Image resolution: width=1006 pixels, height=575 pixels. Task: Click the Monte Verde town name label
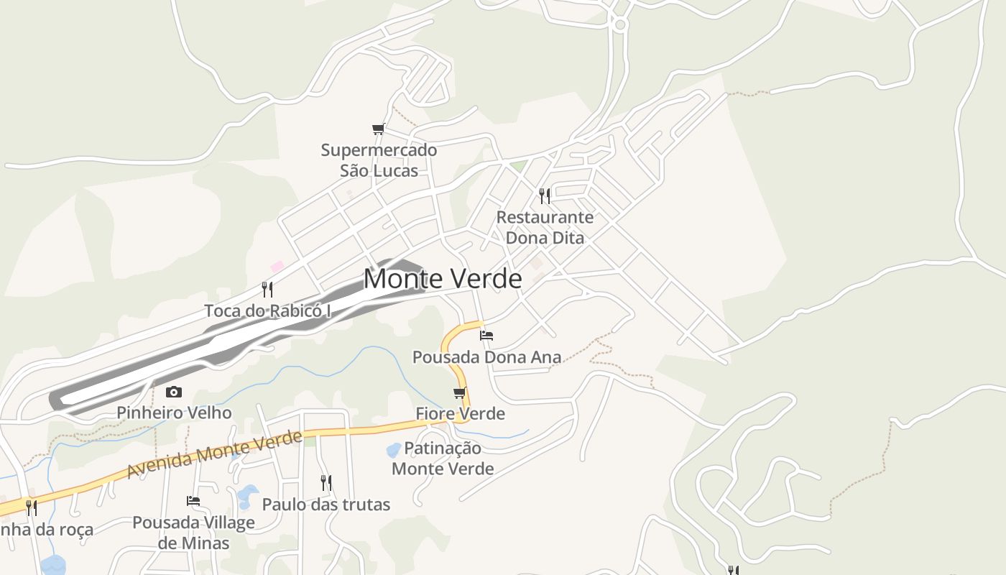tap(443, 279)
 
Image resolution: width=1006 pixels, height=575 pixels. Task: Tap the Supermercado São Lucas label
tap(379, 160)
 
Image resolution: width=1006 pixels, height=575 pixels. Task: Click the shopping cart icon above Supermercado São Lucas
tap(379, 129)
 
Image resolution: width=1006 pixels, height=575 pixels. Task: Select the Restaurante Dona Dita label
tap(545, 227)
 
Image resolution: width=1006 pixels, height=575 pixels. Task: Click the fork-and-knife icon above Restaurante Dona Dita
tap(545, 195)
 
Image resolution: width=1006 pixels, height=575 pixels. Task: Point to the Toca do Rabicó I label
tap(267, 311)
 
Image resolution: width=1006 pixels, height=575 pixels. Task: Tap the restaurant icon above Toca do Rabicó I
tap(267, 289)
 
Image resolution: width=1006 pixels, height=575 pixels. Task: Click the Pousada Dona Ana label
tap(486, 357)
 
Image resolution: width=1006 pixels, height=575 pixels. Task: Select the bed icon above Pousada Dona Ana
tap(486, 335)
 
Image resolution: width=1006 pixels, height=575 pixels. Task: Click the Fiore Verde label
tap(460, 414)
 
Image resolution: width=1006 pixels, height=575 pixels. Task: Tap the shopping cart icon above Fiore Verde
tap(460, 392)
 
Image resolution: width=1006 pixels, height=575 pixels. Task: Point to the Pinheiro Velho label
tap(174, 413)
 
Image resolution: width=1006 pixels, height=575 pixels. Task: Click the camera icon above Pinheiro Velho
tap(174, 392)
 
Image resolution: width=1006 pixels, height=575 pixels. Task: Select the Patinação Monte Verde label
tap(443, 459)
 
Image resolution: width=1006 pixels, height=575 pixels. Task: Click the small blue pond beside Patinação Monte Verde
tap(394, 451)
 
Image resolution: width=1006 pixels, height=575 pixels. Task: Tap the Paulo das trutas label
tap(326, 505)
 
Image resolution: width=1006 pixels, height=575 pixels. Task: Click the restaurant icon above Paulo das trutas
tap(326, 482)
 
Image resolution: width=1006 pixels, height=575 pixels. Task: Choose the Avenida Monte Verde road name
tap(214, 454)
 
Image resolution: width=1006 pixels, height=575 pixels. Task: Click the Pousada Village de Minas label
tap(193, 533)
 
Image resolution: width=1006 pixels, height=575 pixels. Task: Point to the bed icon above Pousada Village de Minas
tap(193, 501)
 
